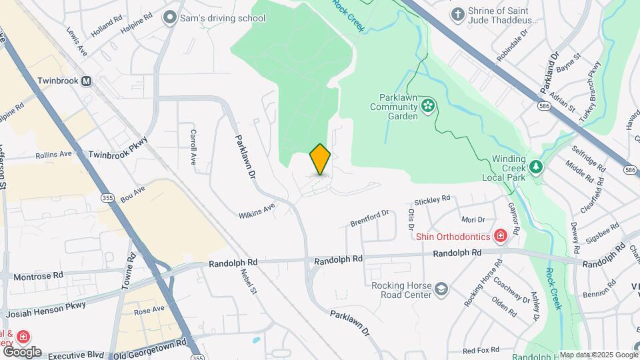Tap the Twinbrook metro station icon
click(x=86, y=81)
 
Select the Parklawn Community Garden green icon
click(x=427, y=105)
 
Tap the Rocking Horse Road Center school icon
click(x=441, y=288)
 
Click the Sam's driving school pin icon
click(x=169, y=17)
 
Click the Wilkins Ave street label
click(x=257, y=211)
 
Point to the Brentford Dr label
click(x=370, y=217)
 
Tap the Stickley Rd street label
click(x=432, y=199)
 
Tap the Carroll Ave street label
click(x=194, y=147)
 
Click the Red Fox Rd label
click(x=481, y=350)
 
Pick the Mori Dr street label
click(x=472, y=219)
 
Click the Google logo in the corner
click(x=21, y=351)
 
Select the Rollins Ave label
click(x=53, y=154)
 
